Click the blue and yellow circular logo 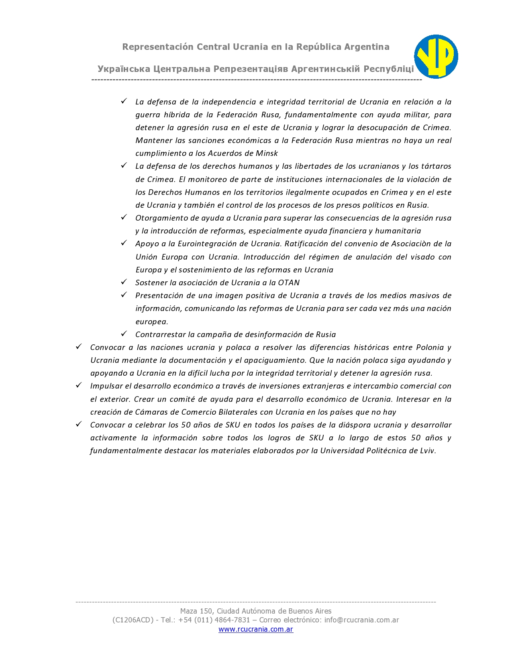[436, 57]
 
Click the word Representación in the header [158, 47]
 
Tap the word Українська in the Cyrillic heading [124, 69]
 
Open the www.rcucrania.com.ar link [256, 629]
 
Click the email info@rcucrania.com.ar [361, 620]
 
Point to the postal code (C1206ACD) [133, 620]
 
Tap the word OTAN [289, 283]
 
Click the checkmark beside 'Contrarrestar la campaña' [124, 334]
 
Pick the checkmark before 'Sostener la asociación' [124, 282]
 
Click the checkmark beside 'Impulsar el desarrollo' [79, 385]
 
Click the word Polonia [430, 348]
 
